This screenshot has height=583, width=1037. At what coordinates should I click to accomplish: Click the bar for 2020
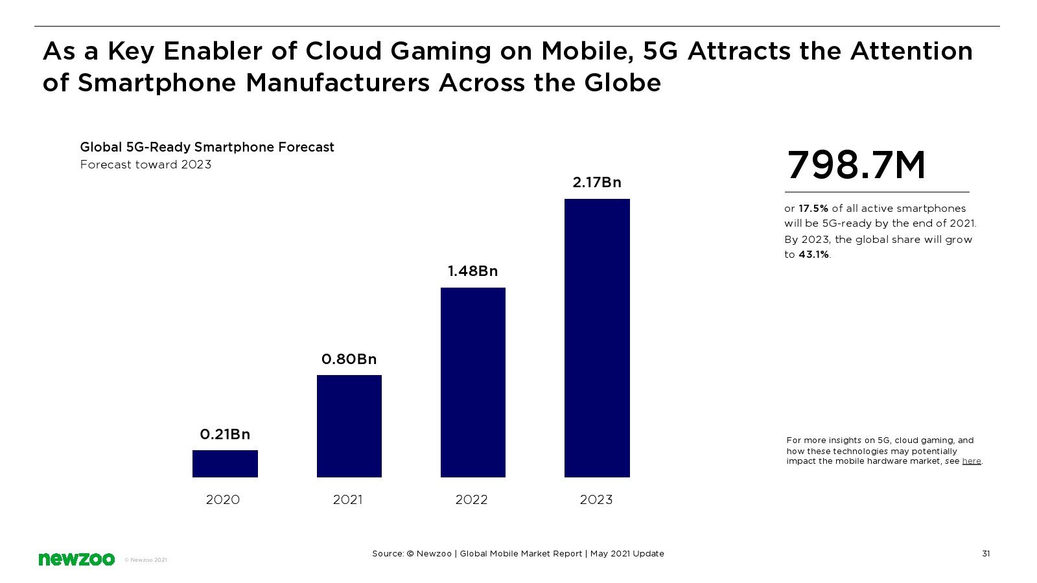(x=225, y=464)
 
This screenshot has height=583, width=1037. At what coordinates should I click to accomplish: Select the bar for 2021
(x=349, y=426)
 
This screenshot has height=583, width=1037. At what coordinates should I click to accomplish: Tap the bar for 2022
(x=472, y=382)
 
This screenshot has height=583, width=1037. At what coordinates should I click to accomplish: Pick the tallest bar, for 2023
(x=597, y=338)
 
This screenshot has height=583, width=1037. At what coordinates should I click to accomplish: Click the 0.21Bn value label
(x=225, y=434)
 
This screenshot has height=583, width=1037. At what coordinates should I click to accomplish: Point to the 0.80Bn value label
(x=349, y=359)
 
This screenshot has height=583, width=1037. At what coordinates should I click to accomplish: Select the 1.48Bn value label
(x=472, y=271)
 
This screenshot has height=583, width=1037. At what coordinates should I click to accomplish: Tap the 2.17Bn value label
(x=597, y=182)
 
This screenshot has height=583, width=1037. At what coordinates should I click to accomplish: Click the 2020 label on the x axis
(x=222, y=499)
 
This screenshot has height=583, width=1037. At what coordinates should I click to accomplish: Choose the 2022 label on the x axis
(x=471, y=499)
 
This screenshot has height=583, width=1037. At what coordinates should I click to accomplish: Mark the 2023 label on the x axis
(x=596, y=499)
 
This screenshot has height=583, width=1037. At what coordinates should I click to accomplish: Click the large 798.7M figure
(x=856, y=165)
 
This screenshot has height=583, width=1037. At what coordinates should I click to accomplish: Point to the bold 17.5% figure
(x=813, y=209)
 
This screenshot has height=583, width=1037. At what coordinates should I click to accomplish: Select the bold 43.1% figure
(x=813, y=255)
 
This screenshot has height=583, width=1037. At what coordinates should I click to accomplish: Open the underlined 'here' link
(x=971, y=461)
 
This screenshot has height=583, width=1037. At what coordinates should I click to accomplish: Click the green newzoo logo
(x=76, y=559)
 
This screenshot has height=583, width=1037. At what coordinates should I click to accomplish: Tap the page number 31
(x=986, y=553)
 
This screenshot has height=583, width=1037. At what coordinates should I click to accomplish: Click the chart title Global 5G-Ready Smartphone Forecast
(x=207, y=147)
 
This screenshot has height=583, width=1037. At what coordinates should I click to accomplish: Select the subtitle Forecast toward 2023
(x=146, y=165)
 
